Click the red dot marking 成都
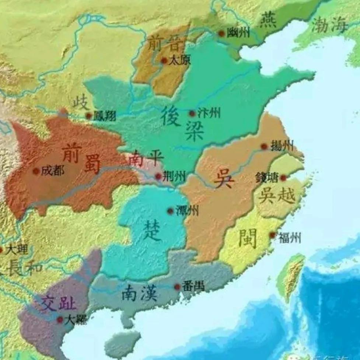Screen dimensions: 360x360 point(36,171)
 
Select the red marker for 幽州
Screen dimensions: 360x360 point(221,34)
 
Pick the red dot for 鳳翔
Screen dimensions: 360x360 point(88,116)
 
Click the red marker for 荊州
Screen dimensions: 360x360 point(158,176)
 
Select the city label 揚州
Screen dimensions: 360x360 point(282,146)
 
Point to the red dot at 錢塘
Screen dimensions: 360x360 point(283,178)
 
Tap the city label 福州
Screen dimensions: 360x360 point(290,238)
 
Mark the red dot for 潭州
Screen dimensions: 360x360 point(170,211)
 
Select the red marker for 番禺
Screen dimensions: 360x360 point(177,287)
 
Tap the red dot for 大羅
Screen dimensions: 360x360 point(60,320)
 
